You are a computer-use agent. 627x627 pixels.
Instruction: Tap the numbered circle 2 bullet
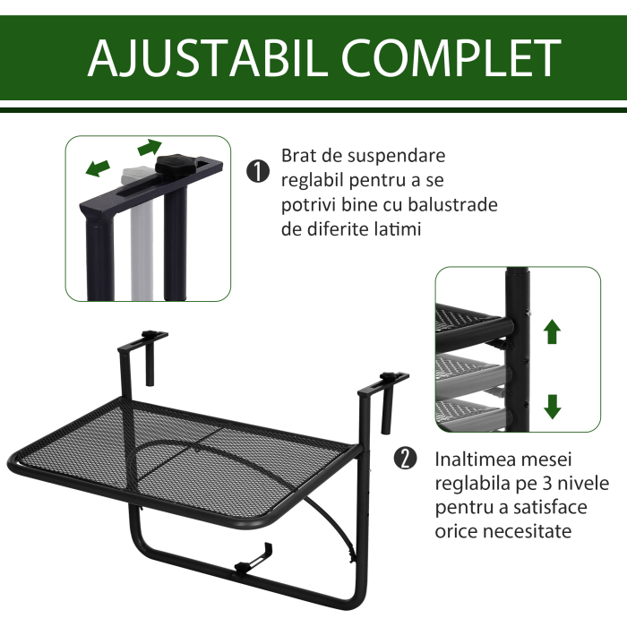pos(406,460)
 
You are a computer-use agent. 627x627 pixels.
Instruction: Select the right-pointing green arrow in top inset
pos(150,147)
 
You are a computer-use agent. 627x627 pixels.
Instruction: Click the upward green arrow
pos(553,331)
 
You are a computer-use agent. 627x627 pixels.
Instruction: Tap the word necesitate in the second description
pos(525,532)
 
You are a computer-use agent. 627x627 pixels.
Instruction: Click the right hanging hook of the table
pos(385,394)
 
